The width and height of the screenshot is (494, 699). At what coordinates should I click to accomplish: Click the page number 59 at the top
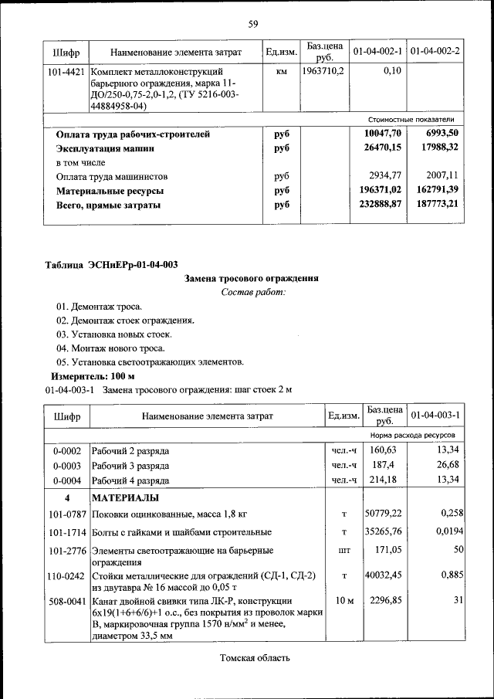coord(252,24)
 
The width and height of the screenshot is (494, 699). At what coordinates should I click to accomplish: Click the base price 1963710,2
coord(324,71)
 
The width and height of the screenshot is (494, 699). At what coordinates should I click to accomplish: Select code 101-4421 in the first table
coord(66,72)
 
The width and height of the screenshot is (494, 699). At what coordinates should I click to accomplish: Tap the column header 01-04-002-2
coord(435,52)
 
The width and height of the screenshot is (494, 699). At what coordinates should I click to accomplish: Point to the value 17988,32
coord(436,148)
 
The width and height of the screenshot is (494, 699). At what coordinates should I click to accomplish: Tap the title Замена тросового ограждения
coord(252,278)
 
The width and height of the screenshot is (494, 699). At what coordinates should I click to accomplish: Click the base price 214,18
coord(383,480)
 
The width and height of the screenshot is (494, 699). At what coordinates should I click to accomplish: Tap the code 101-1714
coord(66,532)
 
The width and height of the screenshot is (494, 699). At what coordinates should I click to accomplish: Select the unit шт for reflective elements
coord(344,551)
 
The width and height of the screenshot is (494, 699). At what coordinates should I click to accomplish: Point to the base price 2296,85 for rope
coord(384,601)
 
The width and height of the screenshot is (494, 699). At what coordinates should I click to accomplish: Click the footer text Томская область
coord(255,659)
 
